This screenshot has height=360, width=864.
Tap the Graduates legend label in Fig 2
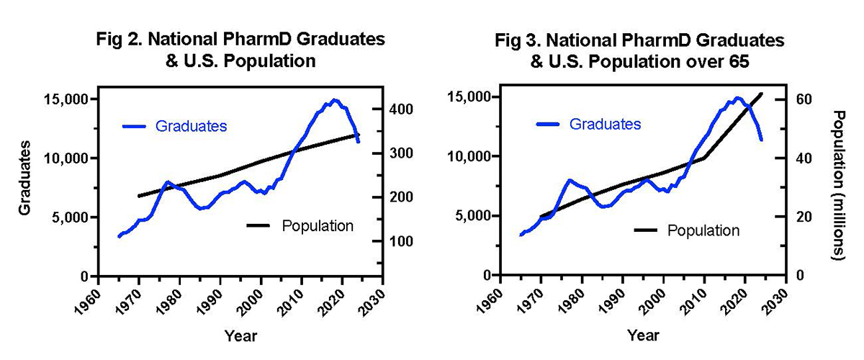point(191,126)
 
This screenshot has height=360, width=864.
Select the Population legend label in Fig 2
point(318,225)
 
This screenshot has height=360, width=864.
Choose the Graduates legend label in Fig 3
point(605,124)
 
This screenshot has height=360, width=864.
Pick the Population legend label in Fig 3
point(703,230)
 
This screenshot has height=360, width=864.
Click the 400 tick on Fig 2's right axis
point(400,109)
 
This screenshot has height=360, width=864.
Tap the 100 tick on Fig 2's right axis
point(400,241)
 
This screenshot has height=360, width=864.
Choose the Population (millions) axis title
point(838,185)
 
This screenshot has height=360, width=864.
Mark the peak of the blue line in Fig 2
point(334,100)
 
